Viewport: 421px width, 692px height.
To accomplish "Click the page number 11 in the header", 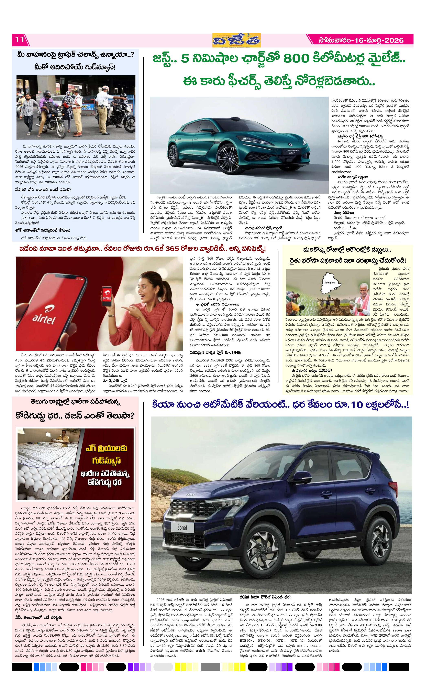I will pyautogui.click(x=20, y=39).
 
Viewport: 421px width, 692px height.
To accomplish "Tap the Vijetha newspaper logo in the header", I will pyautogui.click(x=236, y=40).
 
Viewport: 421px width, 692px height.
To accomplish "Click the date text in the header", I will pyautogui.click(x=361, y=40).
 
